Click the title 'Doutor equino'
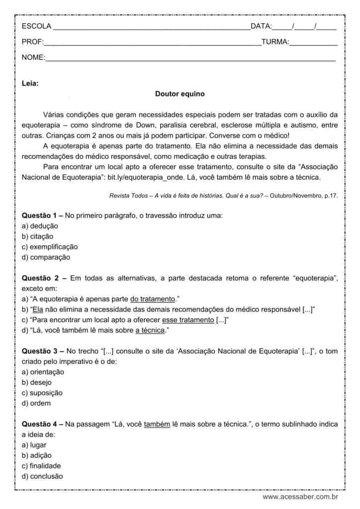180,93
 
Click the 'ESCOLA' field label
36,26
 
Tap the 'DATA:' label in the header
261,26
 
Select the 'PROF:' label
33,42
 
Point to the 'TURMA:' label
275,42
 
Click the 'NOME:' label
33,58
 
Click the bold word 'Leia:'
30,84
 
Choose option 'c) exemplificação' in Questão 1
50,247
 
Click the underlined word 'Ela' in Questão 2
38,309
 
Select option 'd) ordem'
36,403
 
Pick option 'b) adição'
37,455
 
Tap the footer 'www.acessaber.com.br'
300,497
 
